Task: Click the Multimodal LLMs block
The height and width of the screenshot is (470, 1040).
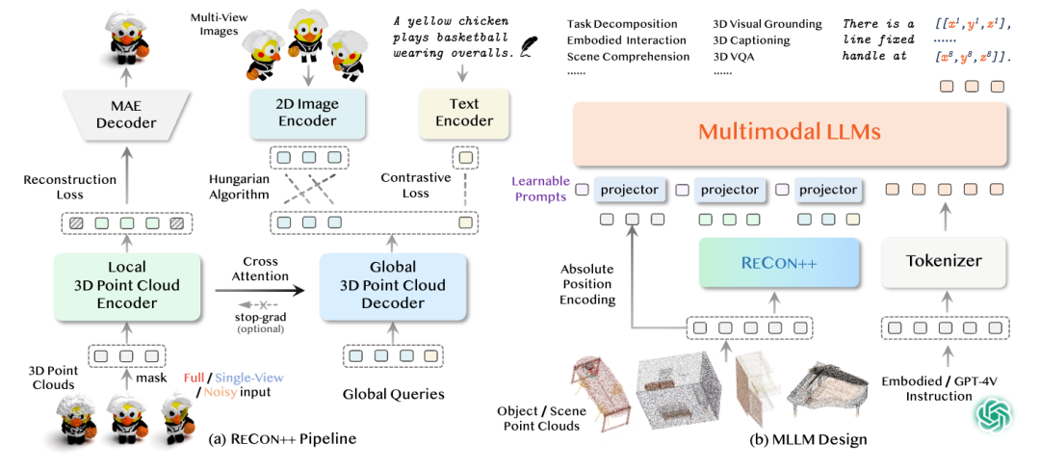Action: coord(790,131)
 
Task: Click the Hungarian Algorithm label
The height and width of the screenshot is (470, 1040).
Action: coord(240,186)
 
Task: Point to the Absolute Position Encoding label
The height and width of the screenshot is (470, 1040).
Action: coord(588,284)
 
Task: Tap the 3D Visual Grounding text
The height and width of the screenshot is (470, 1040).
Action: coord(767,24)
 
